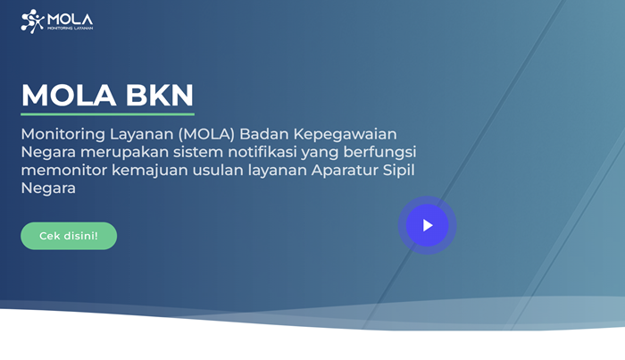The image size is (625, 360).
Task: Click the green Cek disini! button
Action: (69, 236)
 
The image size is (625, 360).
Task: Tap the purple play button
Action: (428, 225)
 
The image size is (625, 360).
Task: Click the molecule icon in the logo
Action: (32, 21)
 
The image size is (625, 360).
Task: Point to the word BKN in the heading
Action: (160, 96)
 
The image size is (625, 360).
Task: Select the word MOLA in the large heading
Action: (69, 96)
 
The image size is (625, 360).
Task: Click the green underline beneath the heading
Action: (108, 114)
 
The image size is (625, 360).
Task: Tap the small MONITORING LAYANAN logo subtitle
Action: (71, 29)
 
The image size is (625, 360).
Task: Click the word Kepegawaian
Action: (346, 135)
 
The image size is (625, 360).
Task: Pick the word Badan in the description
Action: (264, 134)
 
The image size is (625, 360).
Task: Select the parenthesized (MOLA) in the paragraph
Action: (206, 134)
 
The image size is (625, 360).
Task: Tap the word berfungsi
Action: (379, 153)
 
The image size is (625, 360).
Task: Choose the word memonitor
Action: (63, 171)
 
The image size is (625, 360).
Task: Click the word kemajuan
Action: (149, 171)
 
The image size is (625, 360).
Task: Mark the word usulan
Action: (218, 171)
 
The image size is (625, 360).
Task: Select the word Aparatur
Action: (345, 171)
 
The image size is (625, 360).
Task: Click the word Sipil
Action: (398, 171)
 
